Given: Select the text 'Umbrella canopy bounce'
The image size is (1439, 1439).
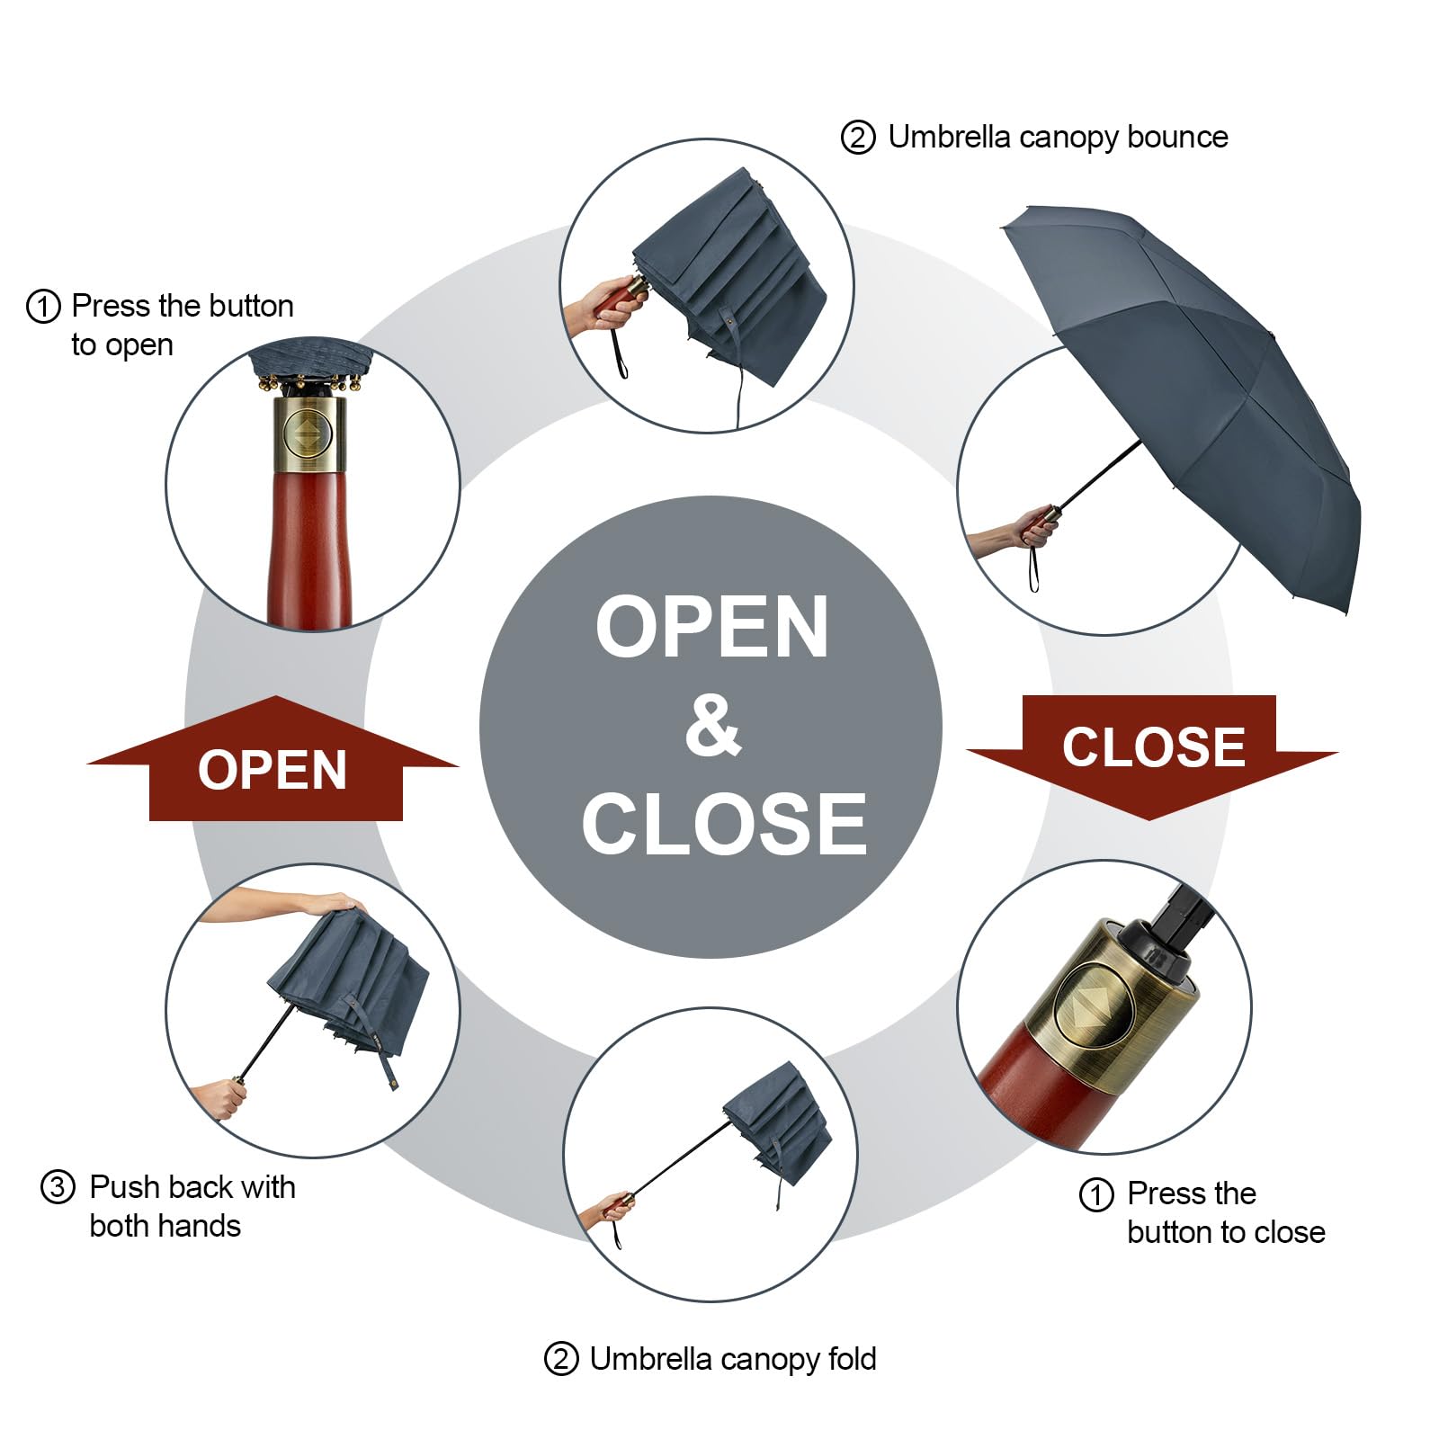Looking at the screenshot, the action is pos(1058,137).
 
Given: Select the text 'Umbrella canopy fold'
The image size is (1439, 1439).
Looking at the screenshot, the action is pos(733,1358).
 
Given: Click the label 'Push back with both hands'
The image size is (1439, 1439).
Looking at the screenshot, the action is pos(192,1206).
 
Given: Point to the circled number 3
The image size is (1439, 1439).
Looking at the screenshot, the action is pos(58,1187).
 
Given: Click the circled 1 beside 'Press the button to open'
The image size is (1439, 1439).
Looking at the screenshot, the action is pos(43,307).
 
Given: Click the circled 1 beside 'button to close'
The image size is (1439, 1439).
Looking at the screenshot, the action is pos(1096,1195).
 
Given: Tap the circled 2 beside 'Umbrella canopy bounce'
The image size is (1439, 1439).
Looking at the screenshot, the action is pos(858,139).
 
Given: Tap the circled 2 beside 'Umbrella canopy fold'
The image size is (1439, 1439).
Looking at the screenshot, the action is pos(561,1359).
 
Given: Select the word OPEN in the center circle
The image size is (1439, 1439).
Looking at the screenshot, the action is pos(711,628).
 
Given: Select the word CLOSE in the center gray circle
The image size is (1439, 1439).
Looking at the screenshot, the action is pos(724,824).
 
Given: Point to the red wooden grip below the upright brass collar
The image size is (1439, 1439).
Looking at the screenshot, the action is pos(309,549).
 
